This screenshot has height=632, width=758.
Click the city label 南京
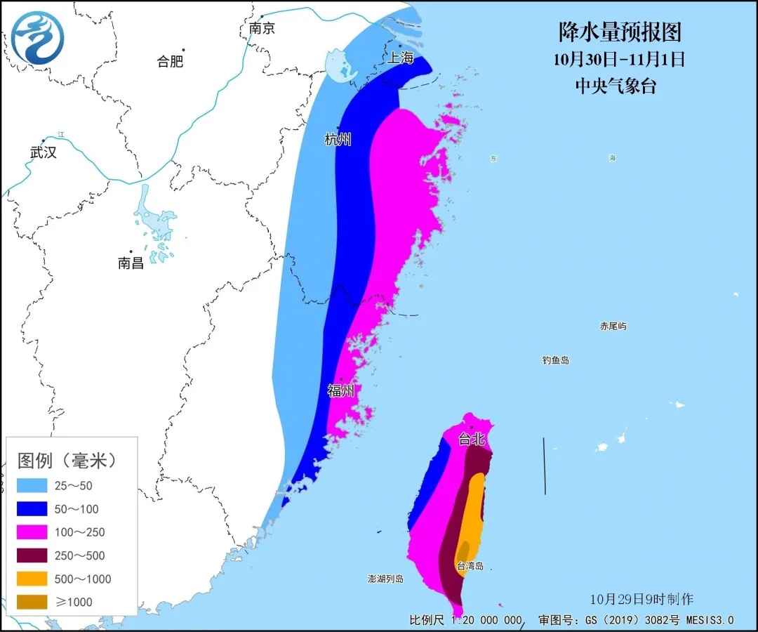(262, 29)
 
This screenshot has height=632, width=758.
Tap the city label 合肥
(170, 61)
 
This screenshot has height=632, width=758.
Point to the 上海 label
(401, 58)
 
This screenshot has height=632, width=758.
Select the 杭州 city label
(338, 140)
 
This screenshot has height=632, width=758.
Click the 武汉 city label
(44, 152)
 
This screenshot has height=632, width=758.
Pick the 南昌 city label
(131, 263)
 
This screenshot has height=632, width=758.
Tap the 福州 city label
(341, 390)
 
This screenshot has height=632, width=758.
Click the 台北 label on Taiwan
(472, 440)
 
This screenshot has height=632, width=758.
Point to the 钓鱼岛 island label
(555, 360)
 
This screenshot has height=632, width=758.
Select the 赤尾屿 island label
(613, 327)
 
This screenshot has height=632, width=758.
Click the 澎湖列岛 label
(386, 579)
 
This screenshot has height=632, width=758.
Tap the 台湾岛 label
(470, 566)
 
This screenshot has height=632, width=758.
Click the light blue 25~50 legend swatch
(32, 485)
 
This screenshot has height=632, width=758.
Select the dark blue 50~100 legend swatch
(32, 509)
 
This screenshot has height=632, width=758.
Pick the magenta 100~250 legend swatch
(32, 532)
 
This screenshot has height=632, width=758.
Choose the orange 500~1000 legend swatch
(32, 579)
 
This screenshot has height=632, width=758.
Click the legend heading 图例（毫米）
(67, 461)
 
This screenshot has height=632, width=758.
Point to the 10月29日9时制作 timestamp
(641, 599)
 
